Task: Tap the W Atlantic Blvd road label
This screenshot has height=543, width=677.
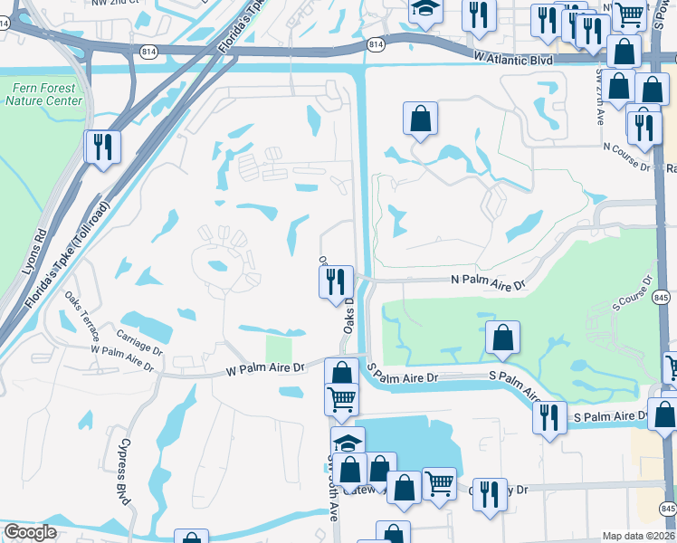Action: (x=513, y=56)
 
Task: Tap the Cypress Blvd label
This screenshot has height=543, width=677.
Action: (x=123, y=477)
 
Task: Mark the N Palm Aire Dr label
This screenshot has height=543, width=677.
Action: (x=488, y=282)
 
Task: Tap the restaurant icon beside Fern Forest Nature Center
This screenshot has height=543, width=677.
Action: (x=102, y=146)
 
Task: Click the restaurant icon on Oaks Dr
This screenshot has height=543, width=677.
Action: (x=336, y=281)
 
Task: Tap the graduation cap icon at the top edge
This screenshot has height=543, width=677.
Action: (x=423, y=11)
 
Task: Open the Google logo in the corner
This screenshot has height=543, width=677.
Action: (x=30, y=532)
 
